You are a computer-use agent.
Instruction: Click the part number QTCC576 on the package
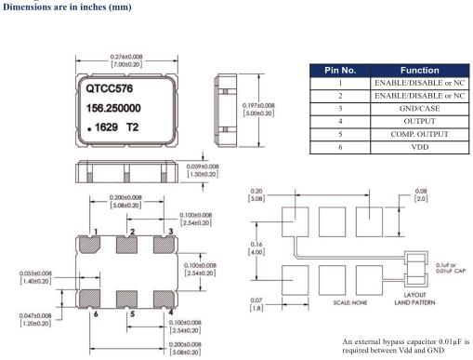[109, 88]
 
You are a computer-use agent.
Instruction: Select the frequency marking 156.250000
[113, 108]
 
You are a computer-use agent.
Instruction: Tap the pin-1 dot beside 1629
[89, 129]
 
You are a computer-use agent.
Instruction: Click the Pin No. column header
[340, 71]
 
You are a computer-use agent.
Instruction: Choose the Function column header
[420, 71]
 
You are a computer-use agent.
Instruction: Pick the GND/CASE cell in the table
[420, 109]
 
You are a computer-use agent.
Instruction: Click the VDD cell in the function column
[420, 147]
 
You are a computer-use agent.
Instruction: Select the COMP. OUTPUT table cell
[420, 134]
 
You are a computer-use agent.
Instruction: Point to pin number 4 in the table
[340, 121]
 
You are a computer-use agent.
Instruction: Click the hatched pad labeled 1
[89, 245]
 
